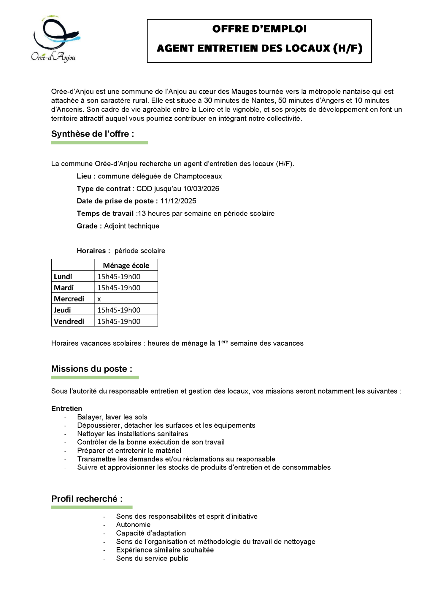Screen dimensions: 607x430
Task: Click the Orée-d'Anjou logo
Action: [55, 39]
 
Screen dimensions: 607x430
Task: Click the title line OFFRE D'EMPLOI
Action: [259, 29]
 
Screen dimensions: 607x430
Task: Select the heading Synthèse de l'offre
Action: [93, 134]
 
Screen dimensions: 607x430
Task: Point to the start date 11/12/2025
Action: [178, 201]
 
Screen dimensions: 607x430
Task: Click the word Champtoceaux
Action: [198, 176]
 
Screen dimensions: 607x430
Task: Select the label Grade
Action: [87, 226]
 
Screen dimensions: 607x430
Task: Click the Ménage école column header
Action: [126, 265]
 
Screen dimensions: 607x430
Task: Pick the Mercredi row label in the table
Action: [69, 299]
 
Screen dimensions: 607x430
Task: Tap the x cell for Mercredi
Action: [99, 299]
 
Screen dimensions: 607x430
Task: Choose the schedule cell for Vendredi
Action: [119, 321]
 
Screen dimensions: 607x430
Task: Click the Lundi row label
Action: [63, 277]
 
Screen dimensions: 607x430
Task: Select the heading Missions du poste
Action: [91, 369]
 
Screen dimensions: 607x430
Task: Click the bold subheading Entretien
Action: [66, 408]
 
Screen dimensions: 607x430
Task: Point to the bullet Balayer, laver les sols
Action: [112, 417]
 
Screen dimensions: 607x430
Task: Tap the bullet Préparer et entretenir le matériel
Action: [129, 451]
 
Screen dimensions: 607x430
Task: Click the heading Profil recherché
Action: [87, 499]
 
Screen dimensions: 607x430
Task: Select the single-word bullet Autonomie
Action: [133, 525]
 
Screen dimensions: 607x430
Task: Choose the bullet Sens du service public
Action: [152, 558]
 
